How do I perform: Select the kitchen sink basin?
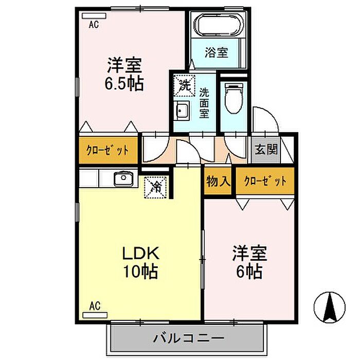[124, 178]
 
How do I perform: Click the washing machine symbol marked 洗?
[184, 85]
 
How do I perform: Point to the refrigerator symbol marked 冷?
[155, 187]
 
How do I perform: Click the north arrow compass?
[329, 308]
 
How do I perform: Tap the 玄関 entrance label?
[266, 150]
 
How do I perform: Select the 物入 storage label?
[218, 182]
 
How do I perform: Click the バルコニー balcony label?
[189, 338]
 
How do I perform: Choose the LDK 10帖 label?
[141, 262]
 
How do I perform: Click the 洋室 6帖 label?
[249, 262]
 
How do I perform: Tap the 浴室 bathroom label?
[217, 52]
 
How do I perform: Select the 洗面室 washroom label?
[204, 103]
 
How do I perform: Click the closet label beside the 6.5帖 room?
[107, 151]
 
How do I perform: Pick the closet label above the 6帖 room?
[265, 181]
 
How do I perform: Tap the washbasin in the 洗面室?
[182, 111]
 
